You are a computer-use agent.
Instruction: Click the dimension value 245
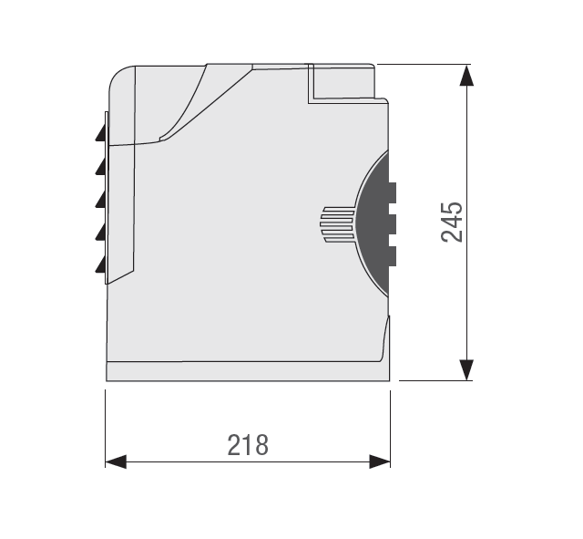tap(452, 223)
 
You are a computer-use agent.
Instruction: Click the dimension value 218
tap(248, 445)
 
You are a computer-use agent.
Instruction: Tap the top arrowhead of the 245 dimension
tap(466, 75)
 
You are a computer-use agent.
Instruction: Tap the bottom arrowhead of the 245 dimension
tap(466, 370)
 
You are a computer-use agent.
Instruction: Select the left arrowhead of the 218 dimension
tap(116, 461)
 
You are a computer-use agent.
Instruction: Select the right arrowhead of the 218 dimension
tap(380, 461)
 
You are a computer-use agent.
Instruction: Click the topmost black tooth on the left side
tap(101, 132)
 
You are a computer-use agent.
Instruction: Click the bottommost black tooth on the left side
tap(101, 264)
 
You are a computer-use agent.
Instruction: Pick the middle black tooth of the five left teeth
tap(101, 199)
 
